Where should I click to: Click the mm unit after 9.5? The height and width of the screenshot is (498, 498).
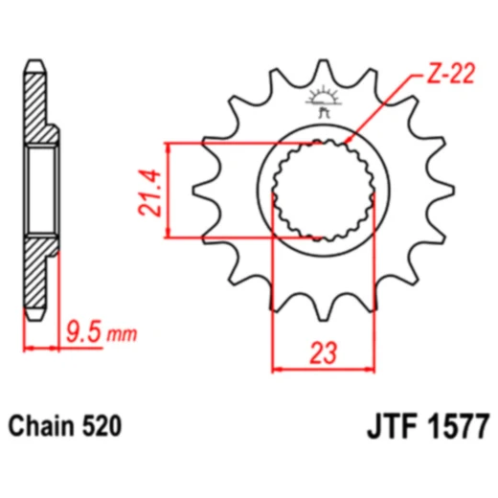click(122, 335)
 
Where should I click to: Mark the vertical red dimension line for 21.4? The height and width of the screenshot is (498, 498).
click(170, 190)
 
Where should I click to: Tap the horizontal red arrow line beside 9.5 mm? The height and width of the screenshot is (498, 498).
click(43, 347)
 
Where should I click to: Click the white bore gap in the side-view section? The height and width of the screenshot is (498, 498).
click(42, 190)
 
